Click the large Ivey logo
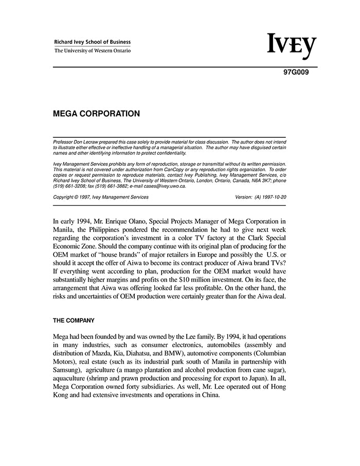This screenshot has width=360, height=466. [x=292, y=46]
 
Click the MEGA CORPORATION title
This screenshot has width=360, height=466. [x=96, y=114]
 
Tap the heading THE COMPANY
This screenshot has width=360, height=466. [x=74, y=320]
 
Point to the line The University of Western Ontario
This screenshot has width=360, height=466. [x=93, y=51]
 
